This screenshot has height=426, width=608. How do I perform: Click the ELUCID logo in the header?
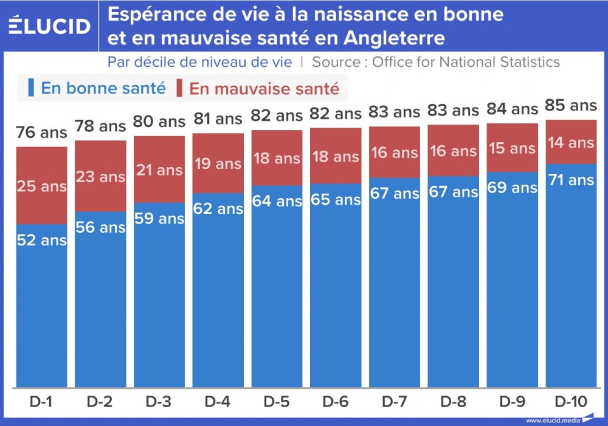[50, 25]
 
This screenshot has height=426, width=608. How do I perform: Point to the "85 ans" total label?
[570, 106]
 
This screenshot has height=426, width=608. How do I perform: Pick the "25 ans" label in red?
[41, 187]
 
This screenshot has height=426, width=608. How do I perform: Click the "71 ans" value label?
[570, 180]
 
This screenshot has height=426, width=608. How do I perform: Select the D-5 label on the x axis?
[277, 402]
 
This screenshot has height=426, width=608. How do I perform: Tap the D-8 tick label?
[453, 402]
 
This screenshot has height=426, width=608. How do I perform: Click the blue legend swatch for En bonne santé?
[30, 88]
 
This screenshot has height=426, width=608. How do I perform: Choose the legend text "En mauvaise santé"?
[264, 89]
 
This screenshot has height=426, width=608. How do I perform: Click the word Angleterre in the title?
[394, 38]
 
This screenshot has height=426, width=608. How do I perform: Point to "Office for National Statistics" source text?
[466, 62]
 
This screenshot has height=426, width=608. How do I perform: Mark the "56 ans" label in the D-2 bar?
[100, 227]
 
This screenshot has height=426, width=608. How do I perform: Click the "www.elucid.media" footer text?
[552, 420]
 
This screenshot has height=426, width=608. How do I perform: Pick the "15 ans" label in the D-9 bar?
[512, 148]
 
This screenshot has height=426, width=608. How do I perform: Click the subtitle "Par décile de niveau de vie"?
[199, 62]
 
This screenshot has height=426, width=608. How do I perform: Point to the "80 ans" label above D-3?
[159, 122]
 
